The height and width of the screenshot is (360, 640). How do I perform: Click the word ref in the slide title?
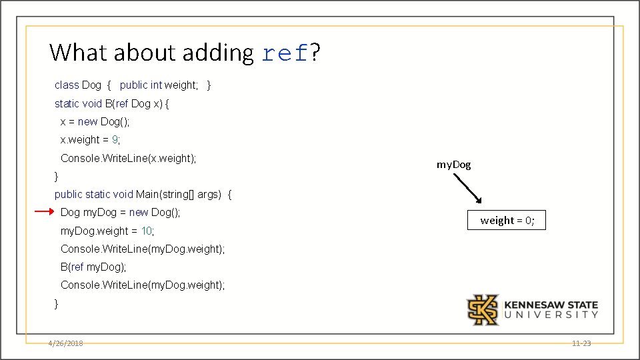tap(285, 53)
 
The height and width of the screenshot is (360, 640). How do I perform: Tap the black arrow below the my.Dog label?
tap(467, 188)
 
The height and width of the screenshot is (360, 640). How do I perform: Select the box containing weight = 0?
tap(507, 221)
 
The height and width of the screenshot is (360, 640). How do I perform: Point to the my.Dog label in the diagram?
tap(453, 164)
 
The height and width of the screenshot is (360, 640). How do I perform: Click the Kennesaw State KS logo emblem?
tap(482, 310)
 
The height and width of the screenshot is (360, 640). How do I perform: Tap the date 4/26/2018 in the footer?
tap(65, 343)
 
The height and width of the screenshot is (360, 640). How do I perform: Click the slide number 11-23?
tap(581, 343)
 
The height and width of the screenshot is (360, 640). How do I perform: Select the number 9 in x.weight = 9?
tap(115, 140)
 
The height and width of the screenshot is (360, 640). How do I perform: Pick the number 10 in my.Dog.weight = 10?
tap(147, 231)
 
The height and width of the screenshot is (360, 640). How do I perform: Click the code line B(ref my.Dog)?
tap(93, 267)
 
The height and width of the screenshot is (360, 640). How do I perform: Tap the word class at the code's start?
tap(67, 85)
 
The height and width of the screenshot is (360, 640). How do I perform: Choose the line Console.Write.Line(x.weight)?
tap(128, 158)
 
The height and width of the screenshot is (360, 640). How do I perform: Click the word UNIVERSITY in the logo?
tap(551, 315)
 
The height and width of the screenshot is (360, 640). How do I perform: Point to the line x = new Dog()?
tap(95, 121)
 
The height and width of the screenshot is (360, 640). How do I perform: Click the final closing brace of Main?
tap(57, 303)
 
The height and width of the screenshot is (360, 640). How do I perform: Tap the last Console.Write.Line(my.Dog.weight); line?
tap(143, 285)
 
